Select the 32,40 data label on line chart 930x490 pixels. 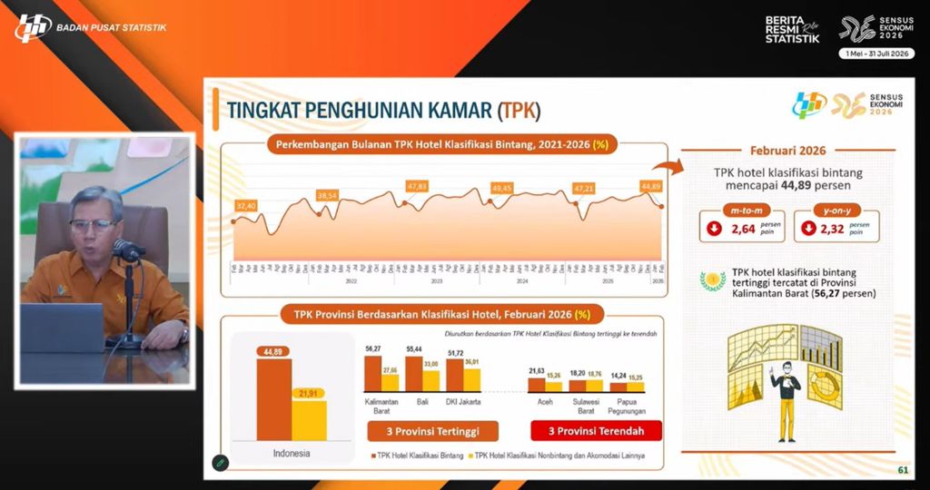245,206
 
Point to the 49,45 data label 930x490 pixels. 501,188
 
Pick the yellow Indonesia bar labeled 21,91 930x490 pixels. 309,419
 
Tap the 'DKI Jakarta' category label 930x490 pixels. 462,401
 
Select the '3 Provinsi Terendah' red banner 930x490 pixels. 595,429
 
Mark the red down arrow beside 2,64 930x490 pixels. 715,229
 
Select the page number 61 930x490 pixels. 902,469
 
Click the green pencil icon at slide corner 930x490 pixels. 219,462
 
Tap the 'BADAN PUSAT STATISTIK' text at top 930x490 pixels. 112,27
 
